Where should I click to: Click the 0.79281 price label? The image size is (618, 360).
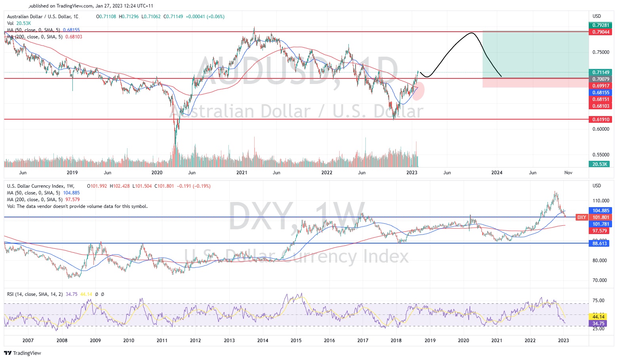click(x=600, y=25)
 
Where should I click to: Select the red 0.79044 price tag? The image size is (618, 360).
click(x=600, y=32)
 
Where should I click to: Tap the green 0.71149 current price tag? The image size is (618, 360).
click(x=600, y=72)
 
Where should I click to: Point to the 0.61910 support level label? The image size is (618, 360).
click(x=600, y=119)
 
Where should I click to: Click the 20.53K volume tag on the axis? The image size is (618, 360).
click(x=599, y=164)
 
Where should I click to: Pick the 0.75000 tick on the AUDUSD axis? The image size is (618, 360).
click(x=601, y=52)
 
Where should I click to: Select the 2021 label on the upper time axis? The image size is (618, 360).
click(x=241, y=173)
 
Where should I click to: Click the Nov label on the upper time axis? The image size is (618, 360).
click(x=568, y=173)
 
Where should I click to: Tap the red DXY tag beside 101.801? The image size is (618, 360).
click(x=582, y=217)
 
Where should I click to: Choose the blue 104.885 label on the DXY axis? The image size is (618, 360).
click(x=600, y=211)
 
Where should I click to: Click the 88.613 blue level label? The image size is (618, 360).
click(x=600, y=244)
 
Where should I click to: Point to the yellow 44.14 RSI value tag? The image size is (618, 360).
click(x=598, y=317)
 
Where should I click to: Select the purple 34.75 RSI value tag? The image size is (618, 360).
click(x=598, y=324)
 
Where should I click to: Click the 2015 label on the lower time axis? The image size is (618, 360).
click(x=296, y=341)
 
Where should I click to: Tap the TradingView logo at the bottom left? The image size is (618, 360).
click(x=23, y=353)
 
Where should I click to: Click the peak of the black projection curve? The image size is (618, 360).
click(x=471, y=33)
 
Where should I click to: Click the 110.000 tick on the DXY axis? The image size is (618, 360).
click(x=601, y=201)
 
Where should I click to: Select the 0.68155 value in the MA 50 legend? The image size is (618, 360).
click(x=71, y=30)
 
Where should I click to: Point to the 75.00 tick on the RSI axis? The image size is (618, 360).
click(x=598, y=301)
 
